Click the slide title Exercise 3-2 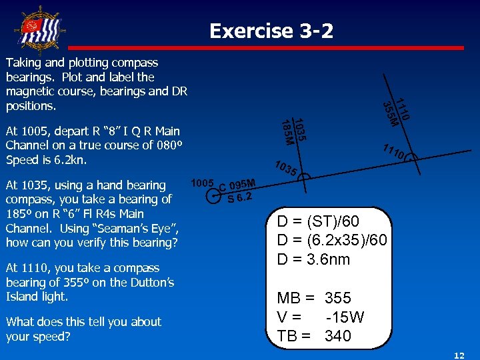point(271,31)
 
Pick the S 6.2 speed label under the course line point(239,197)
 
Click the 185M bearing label point(286,131)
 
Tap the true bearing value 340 point(338,336)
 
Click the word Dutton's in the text point(149,282)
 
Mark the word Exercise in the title point(242,31)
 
